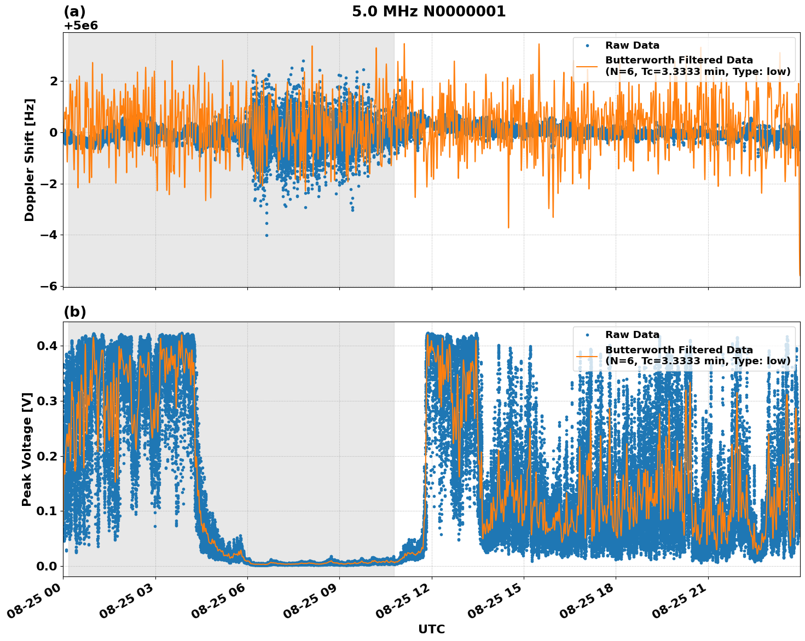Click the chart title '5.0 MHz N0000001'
[428, 11]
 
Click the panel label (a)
[74, 11]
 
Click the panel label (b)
[74, 312]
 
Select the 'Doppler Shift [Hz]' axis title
[30, 160]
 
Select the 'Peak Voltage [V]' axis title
[27, 449]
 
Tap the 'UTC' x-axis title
[431, 629]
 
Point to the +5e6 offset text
[81, 26]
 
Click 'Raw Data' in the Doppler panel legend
[632, 45]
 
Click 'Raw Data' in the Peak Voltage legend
[632, 335]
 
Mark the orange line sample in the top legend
[587, 66]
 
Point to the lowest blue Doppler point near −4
[267, 235]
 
